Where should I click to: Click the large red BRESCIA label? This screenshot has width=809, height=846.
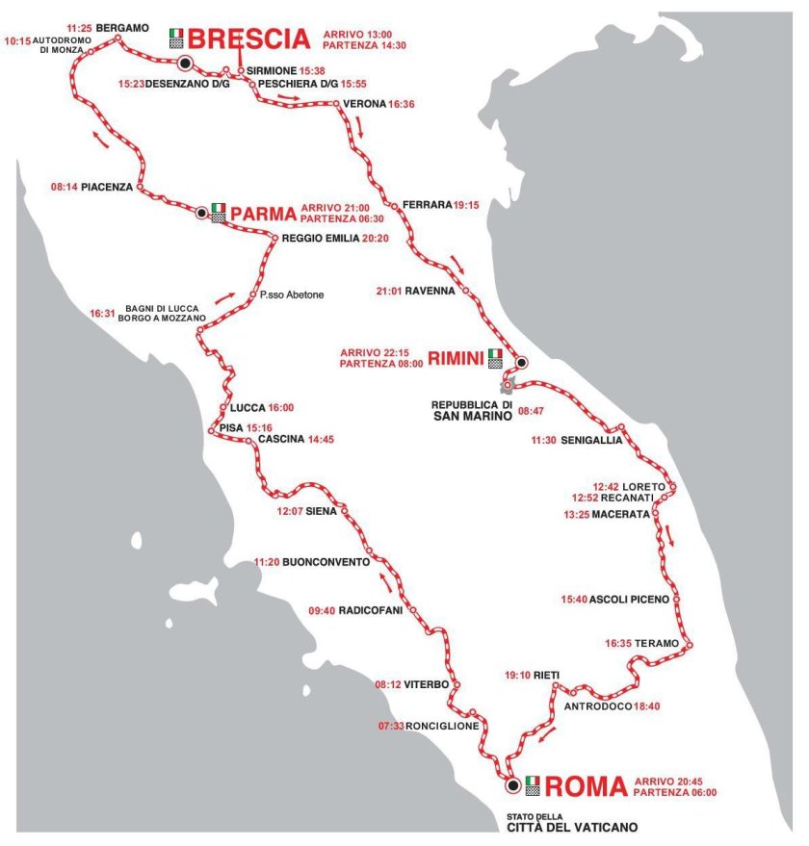pos(248,38)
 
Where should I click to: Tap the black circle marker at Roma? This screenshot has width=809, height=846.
pos(512,786)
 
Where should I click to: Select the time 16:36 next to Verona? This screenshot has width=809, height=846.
pos(402,104)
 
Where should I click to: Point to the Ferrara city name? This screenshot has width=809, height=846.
pos(426,205)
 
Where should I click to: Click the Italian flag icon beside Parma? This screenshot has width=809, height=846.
pos(218,208)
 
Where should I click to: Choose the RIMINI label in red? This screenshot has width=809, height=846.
pos(456,359)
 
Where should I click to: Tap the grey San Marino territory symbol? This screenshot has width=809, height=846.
pos(507,385)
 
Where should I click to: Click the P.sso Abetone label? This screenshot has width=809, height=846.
pos(292,295)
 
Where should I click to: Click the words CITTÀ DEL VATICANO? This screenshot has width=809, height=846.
pos(572,827)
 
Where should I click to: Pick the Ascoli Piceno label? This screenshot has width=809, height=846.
pos(628,600)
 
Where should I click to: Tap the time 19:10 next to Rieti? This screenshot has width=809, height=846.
pos(517,675)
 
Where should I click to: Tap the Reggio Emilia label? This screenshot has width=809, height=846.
pos(320,239)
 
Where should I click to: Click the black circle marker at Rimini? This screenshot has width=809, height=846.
pos(521,362)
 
